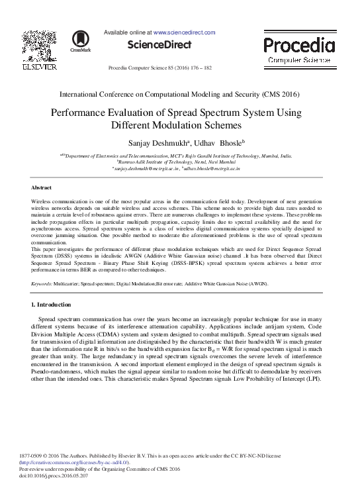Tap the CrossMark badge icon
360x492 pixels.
pos(81,40)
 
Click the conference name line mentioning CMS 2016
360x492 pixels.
pos(179,95)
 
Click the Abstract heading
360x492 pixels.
pos(42,188)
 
